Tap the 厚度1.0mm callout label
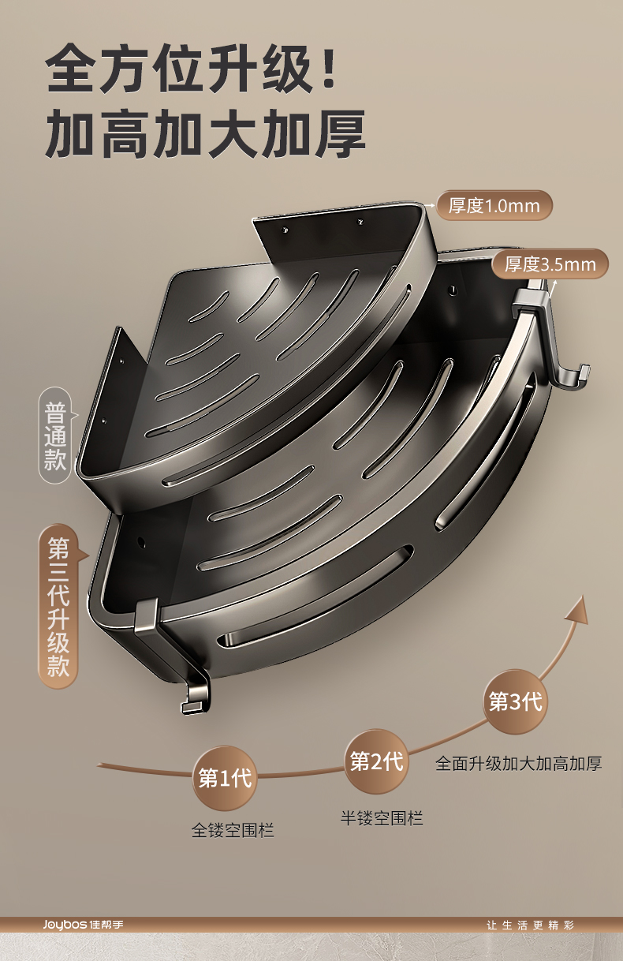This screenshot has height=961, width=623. [494, 206]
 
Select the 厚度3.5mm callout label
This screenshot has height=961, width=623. [550, 264]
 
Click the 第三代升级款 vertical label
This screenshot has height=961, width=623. [58, 606]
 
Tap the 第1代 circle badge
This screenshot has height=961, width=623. [225, 779]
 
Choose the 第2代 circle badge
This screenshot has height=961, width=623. [376, 761]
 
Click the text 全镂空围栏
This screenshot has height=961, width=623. [233, 830]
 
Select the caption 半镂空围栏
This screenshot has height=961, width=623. [382, 818]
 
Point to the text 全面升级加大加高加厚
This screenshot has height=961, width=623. [519, 763]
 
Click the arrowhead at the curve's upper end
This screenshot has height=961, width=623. [577, 609]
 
